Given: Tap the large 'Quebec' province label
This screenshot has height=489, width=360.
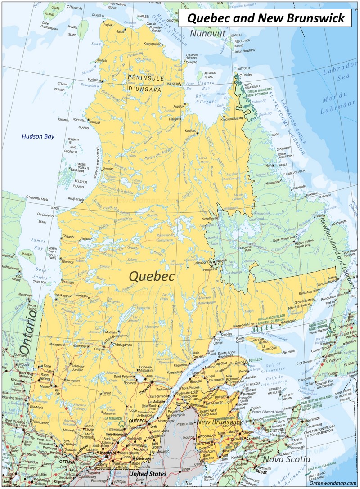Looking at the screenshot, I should [x=152, y=276].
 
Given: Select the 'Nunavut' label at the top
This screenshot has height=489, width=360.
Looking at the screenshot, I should [x=207, y=34].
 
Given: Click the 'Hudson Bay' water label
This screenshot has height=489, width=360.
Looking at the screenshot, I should [x=39, y=136].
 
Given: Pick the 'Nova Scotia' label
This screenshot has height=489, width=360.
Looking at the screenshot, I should [x=287, y=459].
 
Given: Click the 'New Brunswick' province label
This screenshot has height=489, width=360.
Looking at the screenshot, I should [x=220, y=422].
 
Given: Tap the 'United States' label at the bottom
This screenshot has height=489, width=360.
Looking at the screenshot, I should [x=148, y=474].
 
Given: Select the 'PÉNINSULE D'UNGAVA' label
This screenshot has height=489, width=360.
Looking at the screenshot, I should [x=145, y=83].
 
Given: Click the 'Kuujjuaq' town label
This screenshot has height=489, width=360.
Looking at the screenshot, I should [x=191, y=130].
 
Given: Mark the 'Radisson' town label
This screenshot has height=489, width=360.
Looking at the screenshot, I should [x=86, y=239].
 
